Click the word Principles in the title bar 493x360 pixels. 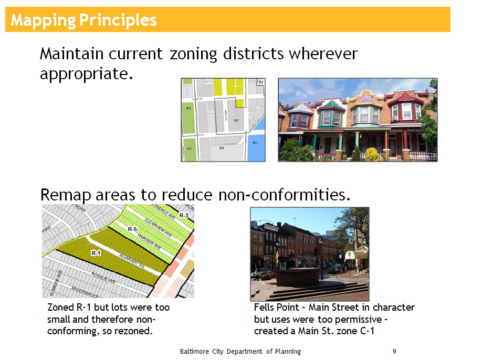[118, 20]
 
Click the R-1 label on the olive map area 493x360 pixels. [96, 253]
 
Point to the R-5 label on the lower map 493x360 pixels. [132, 229]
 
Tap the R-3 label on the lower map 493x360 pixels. [183, 216]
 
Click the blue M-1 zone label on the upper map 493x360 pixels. [255, 143]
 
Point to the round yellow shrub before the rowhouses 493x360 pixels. [372, 154]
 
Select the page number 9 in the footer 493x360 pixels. [394, 351]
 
